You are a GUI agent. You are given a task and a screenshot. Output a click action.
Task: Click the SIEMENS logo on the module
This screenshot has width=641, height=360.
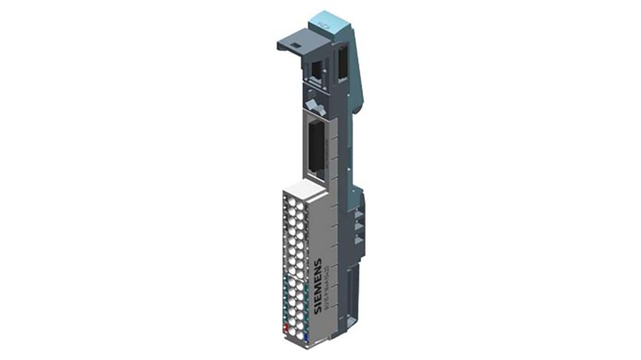click(318, 280)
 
